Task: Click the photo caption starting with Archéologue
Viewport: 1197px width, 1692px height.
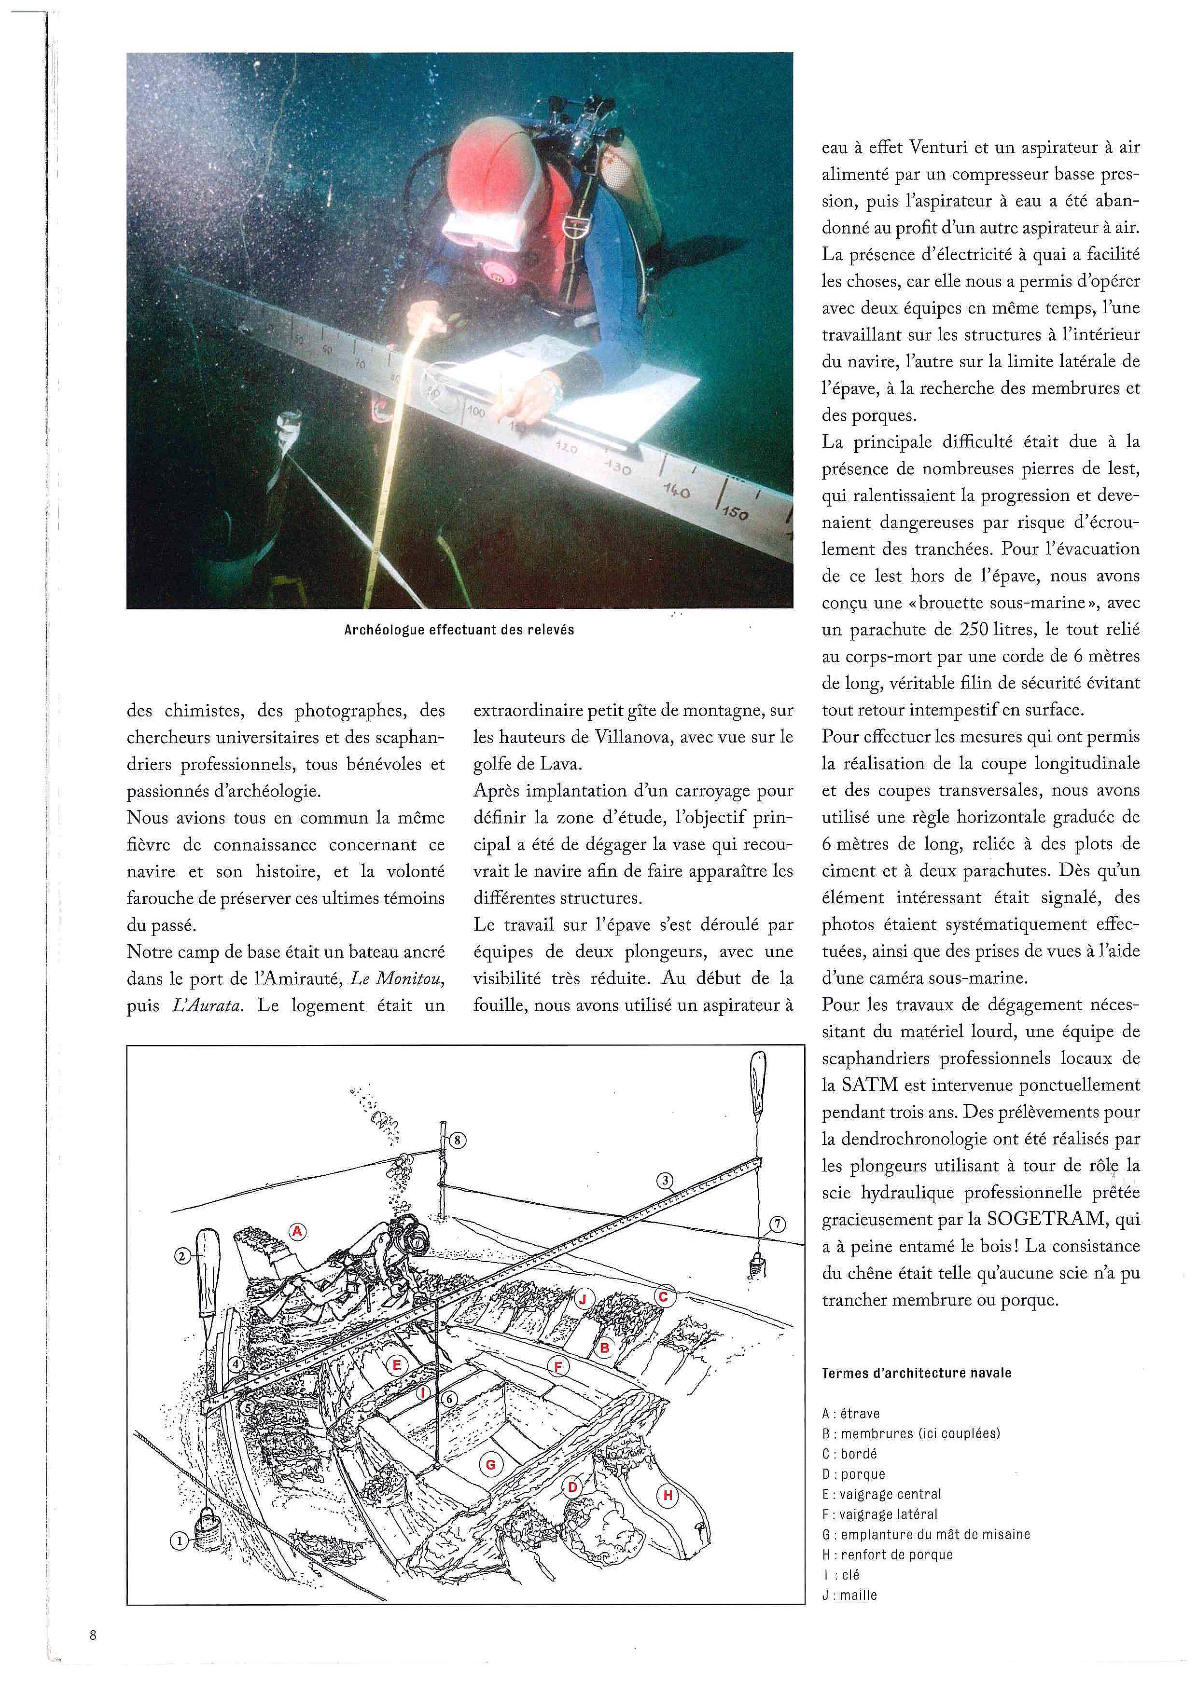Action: [459, 630]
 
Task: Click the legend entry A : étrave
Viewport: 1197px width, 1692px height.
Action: [850, 1414]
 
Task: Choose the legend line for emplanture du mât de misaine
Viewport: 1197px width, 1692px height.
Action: [926, 1534]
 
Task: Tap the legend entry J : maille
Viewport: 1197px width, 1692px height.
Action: [850, 1595]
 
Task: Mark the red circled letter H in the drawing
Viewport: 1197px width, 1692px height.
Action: [668, 1495]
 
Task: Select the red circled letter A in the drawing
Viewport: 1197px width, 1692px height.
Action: [297, 1231]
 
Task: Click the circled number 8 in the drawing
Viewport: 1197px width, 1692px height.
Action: [457, 1140]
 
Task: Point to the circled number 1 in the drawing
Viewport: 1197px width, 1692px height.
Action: [179, 1540]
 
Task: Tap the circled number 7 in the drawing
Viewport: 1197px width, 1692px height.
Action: [778, 1225]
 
